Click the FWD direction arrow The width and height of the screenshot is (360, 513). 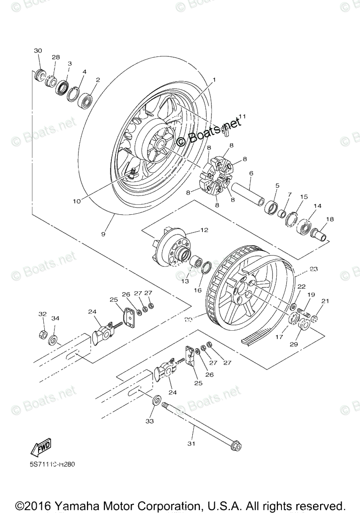click(x=41, y=448)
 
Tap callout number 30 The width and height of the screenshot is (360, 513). click(x=38, y=51)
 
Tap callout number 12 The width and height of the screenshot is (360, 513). click(x=204, y=230)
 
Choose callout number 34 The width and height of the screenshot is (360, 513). click(x=55, y=319)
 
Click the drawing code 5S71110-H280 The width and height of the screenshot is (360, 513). click(x=52, y=464)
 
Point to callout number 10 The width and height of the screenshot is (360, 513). click(x=77, y=201)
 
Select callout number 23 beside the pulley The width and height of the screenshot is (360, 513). click(x=314, y=269)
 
